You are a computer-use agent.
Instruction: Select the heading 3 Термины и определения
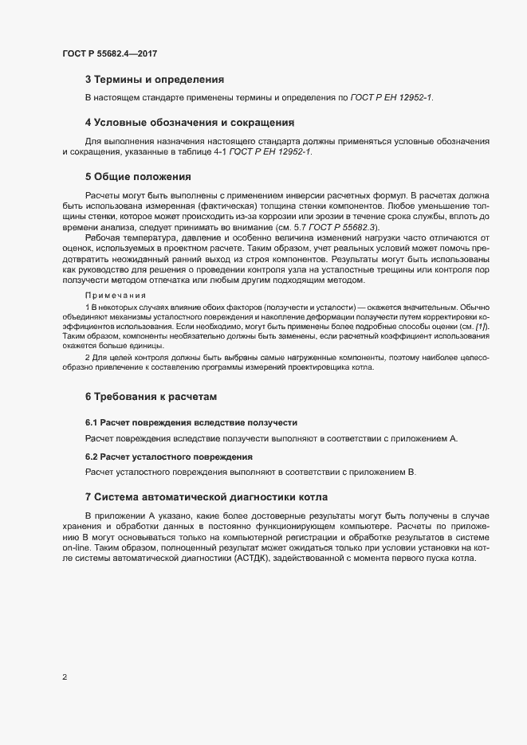155,80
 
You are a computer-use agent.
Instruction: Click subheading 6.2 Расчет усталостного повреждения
169,457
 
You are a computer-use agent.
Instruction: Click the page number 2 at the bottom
65,677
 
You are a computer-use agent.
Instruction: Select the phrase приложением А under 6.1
429,439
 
